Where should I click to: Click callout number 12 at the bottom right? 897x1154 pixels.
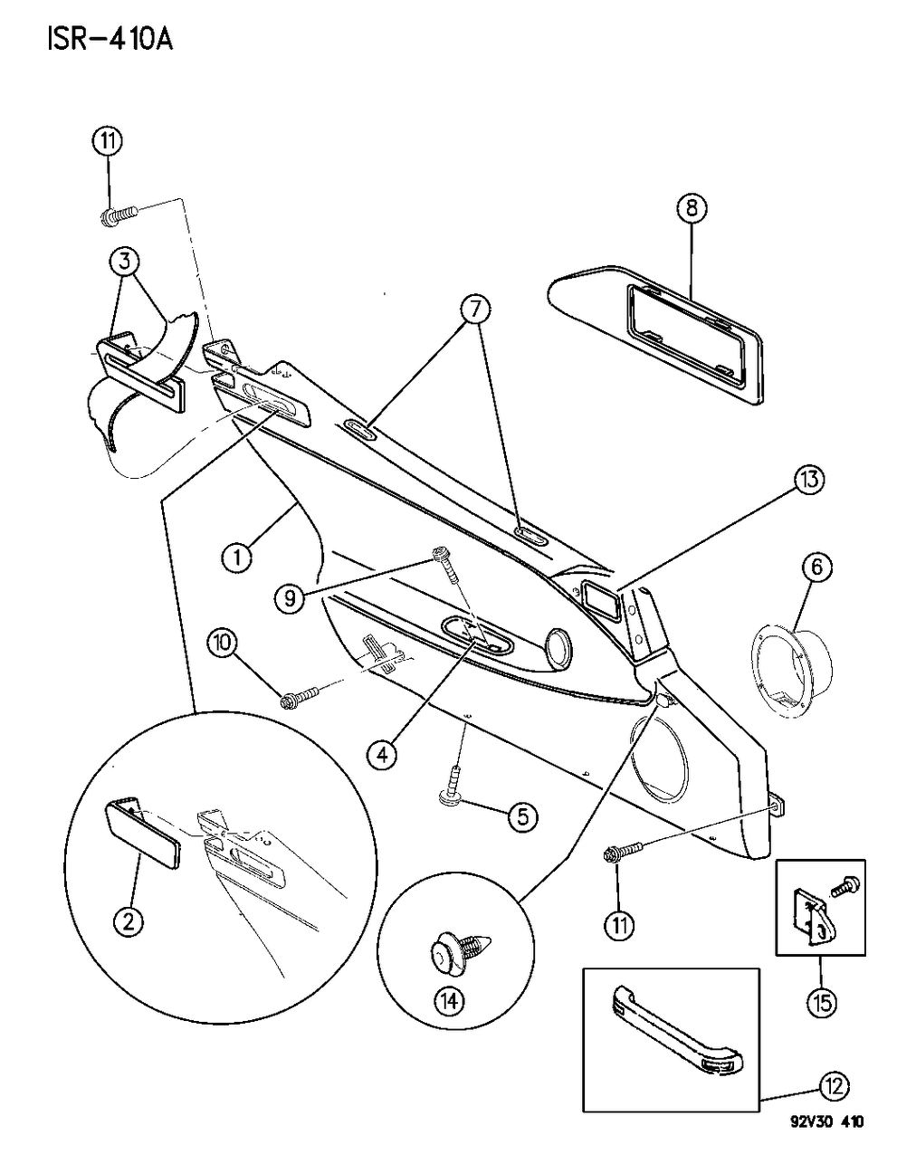[x=835, y=1084]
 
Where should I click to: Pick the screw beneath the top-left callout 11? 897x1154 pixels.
[x=117, y=217]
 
